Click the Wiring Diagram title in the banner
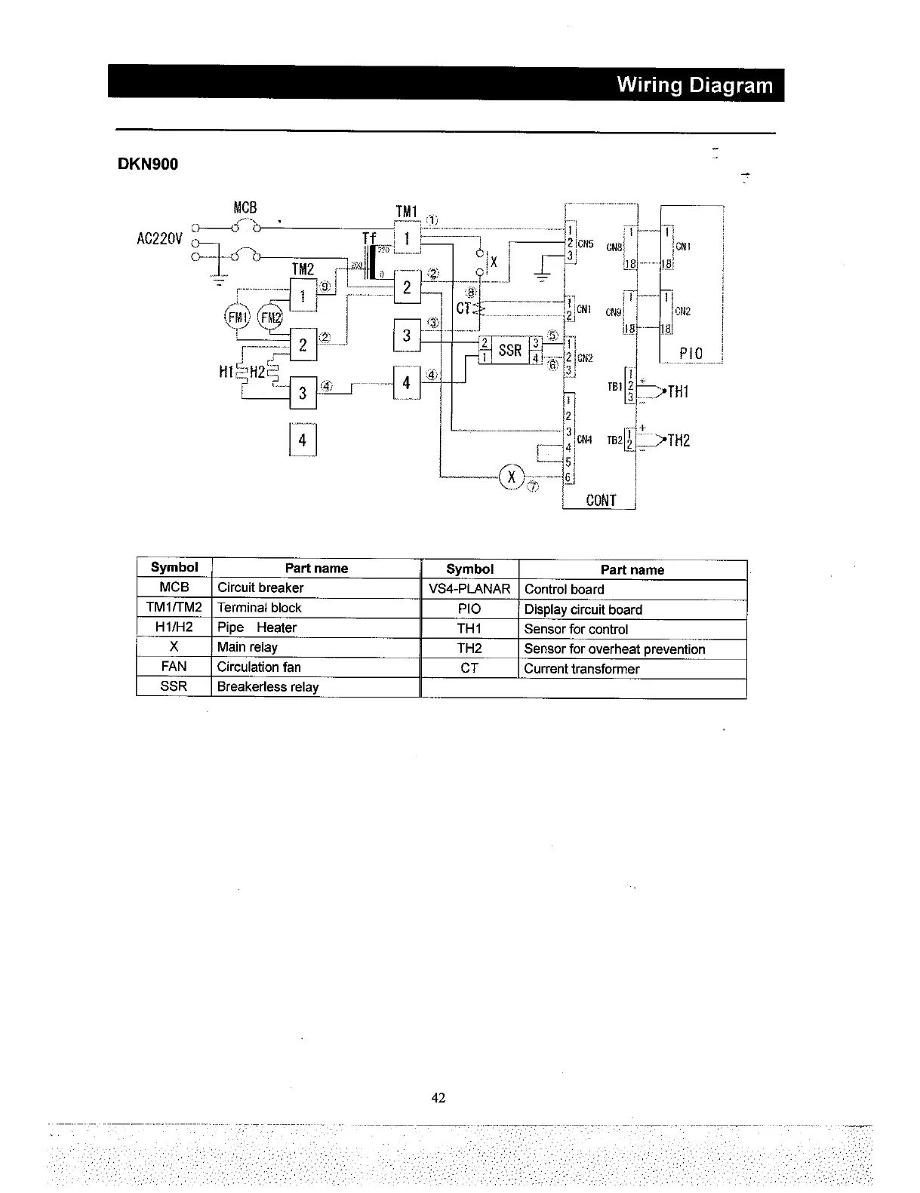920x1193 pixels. point(694,84)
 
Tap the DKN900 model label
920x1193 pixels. point(148,164)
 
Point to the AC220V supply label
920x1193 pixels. point(159,239)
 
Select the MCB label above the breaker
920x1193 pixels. point(245,207)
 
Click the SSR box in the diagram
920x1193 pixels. point(510,351)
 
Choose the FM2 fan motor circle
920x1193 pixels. point(269,317)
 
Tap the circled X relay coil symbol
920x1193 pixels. point(512,477)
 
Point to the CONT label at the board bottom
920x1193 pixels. point(601,501)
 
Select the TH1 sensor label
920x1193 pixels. point(677,391)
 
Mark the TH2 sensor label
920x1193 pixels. point(678,441)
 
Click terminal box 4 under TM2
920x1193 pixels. point(303,440)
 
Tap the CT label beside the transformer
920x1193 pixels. point(464,308)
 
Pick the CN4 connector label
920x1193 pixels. point(584,439)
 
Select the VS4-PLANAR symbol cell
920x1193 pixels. point(469,589)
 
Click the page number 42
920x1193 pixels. point(438,1098)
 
